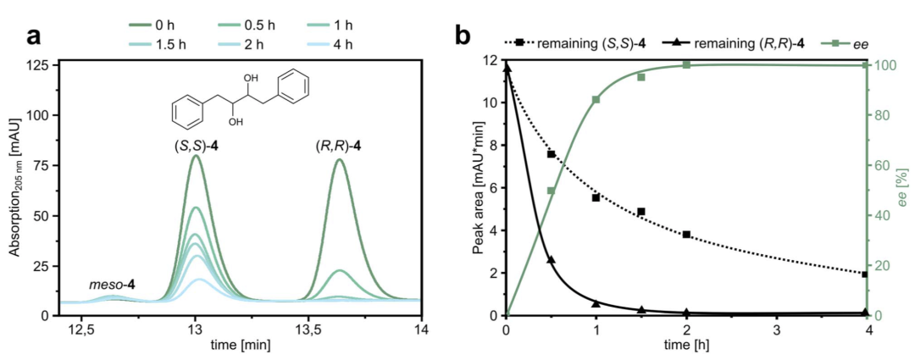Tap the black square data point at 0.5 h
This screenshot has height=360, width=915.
pos(552,154)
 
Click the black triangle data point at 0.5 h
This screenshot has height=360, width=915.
pos(552,260)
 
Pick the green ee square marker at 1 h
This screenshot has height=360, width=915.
pos(596,100)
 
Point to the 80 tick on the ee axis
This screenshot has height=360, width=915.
pos(880,115)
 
